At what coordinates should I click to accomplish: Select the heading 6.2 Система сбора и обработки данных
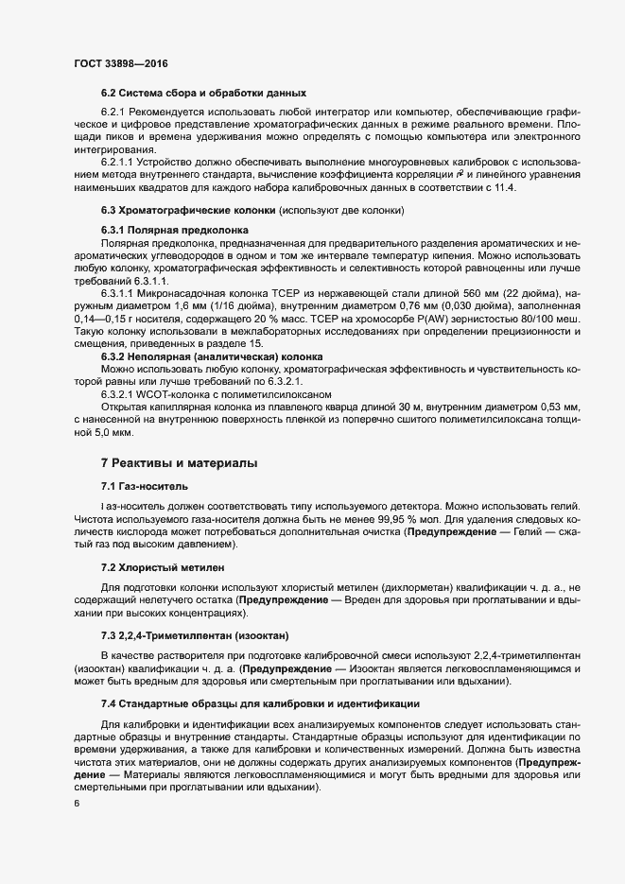tap(203, 93)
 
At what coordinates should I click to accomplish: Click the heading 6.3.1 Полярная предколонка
tap(174, 230)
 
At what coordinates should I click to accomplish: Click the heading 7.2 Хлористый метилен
tap(163, 567)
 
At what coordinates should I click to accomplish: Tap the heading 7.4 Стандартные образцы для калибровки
tap(260, 703)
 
